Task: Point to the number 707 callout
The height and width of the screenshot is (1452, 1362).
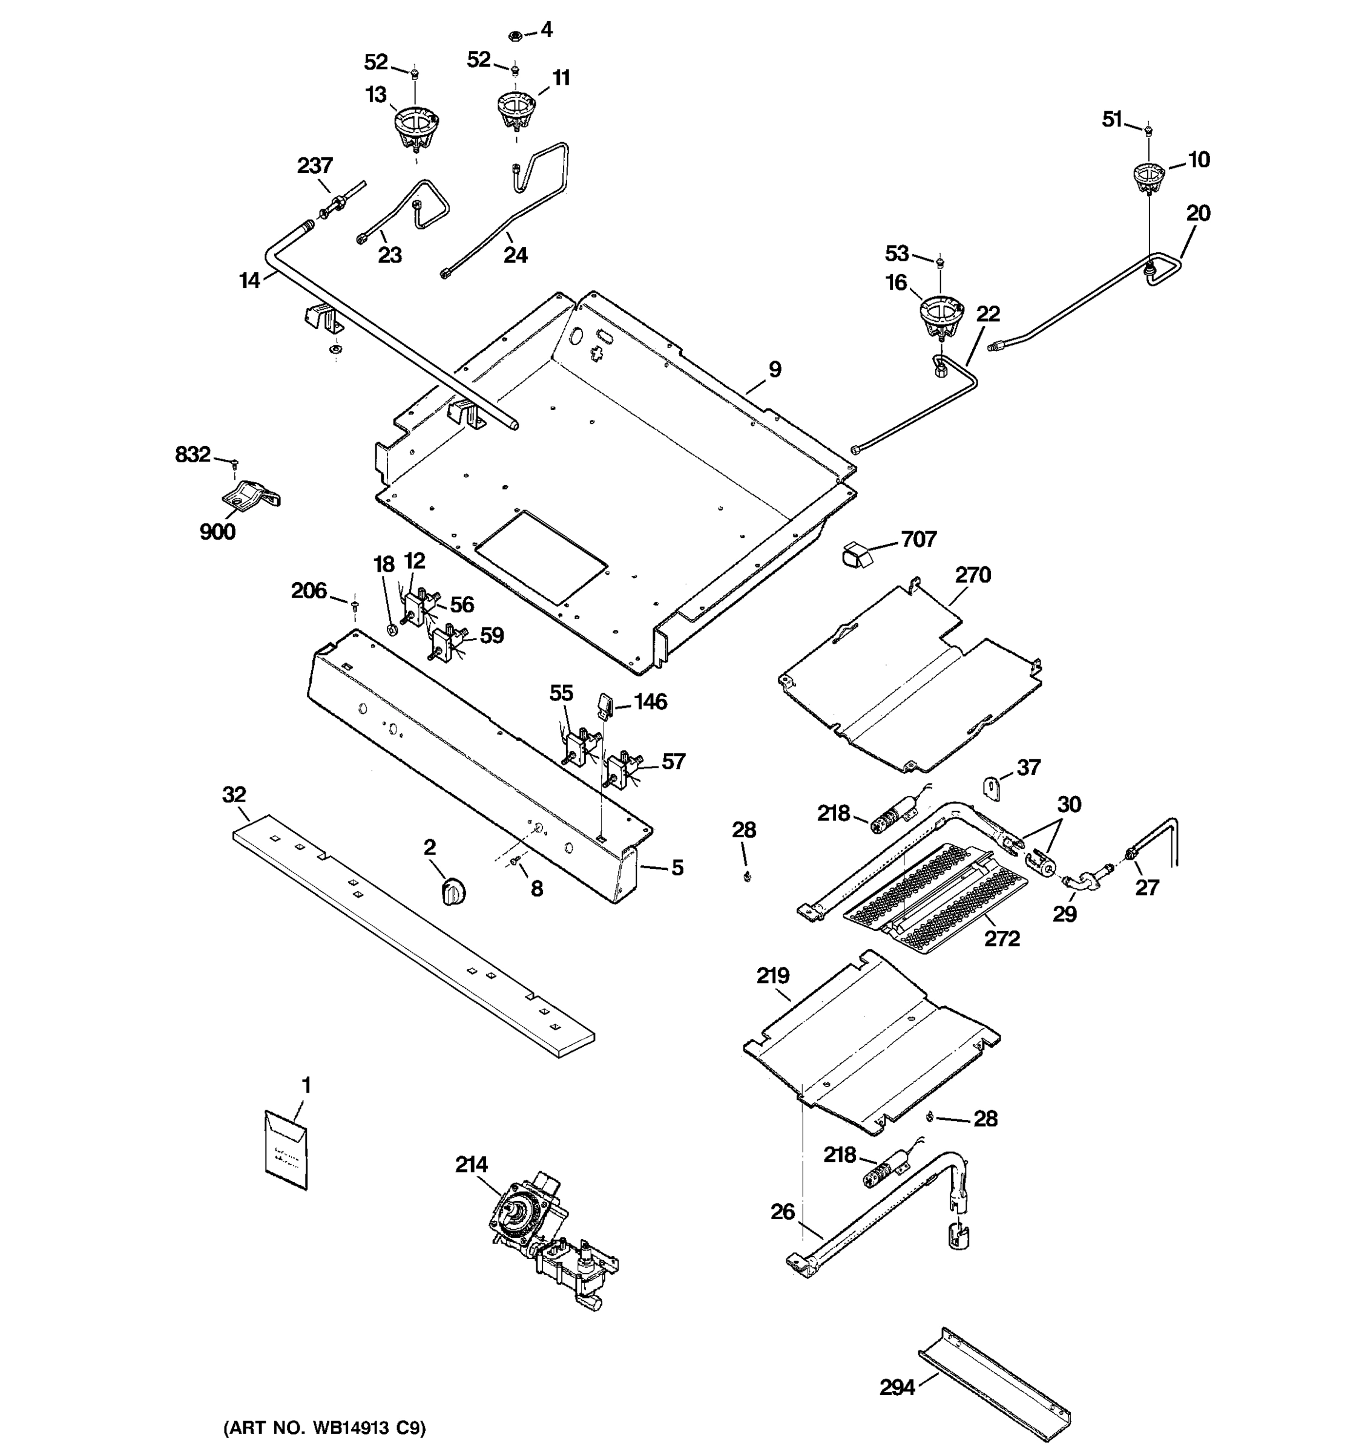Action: [x=918, y=539]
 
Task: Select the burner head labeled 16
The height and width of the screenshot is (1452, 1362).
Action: [x=941, y=316]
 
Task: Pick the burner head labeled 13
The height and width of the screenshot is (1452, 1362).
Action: [x=415, y=127]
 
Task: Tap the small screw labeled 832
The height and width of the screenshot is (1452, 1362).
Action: [x=234, y=462]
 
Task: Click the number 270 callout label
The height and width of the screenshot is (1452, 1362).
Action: [x=973, y=575]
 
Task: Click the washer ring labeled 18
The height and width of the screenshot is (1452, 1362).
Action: [x=392, y=627]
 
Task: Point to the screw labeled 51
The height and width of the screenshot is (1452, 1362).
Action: [x=1148, y=131]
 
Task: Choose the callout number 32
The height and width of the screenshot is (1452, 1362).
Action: [x=234, y=794]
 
